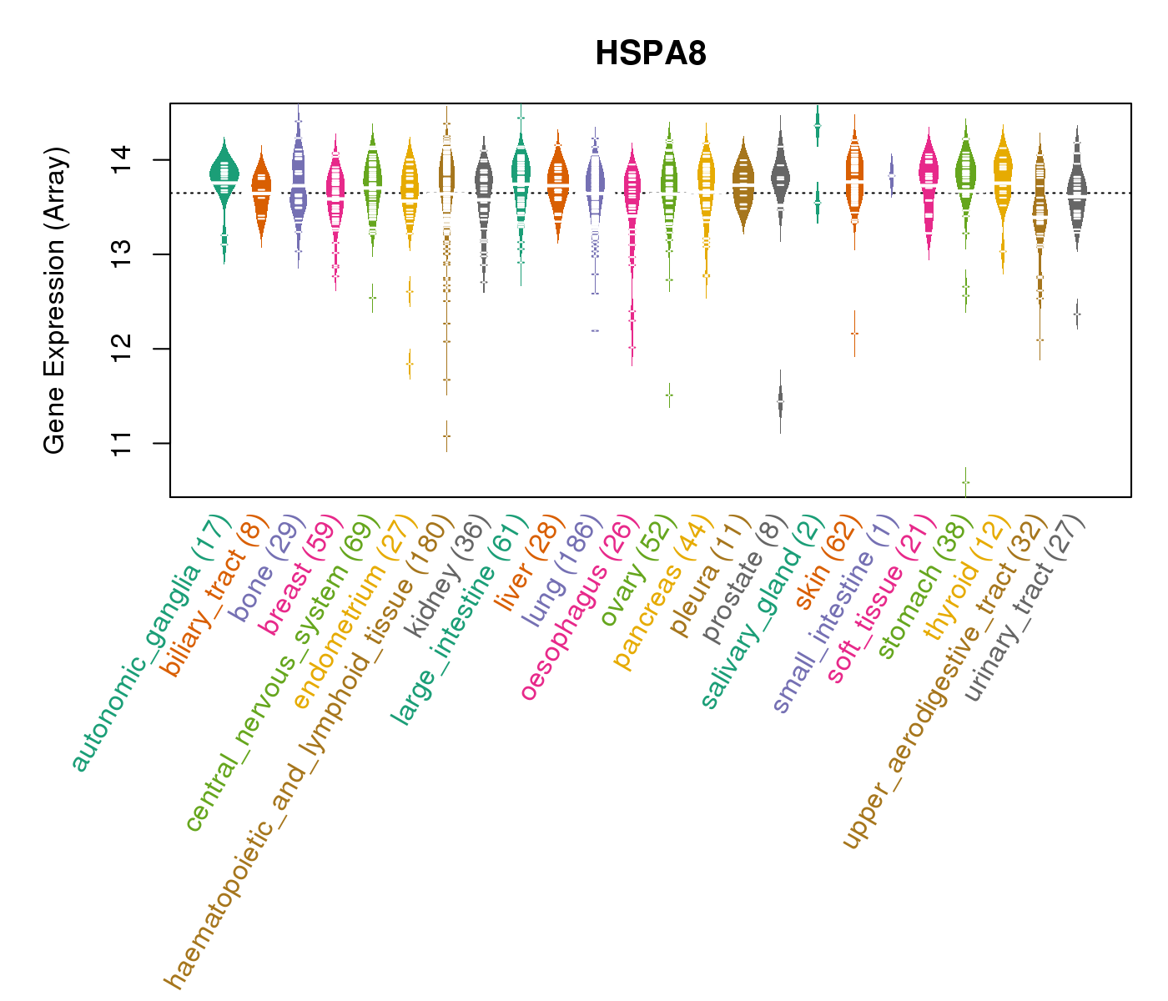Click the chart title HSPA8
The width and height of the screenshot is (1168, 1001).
(x=651, y=54)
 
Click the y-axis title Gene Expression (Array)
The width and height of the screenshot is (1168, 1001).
(x=55, y=300)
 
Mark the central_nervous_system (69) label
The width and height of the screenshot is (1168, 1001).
(x=266, y=675)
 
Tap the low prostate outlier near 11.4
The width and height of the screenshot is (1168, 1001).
(x=780, y=401)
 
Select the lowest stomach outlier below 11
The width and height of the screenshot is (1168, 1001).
(x=965, y=482)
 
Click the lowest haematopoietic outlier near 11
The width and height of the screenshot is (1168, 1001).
(x=446, y=435)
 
